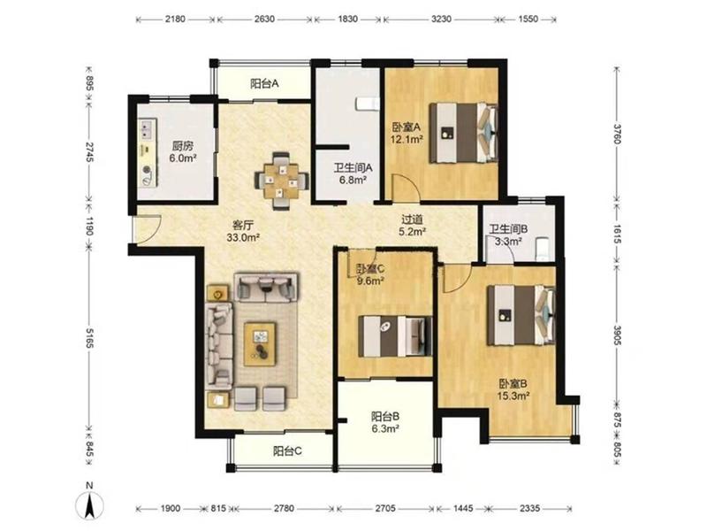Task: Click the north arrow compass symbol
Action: pyautogui.click(x=90, y=502)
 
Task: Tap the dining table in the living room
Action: pyautogui.click(x=281, y=181)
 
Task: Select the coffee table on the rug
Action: pyautogui.click(x=260, y=343)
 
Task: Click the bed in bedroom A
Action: pyautogui.click(x=463, y=133)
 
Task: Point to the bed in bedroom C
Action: pyautogui.click(x=395, y=336)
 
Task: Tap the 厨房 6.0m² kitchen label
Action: pyautogui.click(x=183, y=151)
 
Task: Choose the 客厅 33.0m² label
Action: pyautogui.click(x=243, y=231)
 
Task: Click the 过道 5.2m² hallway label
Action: pyautogui.click(x=413, y=226)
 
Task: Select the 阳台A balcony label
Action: pyautogui.click(x=264, y=83)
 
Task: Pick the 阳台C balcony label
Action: pyautogui.click(x=288, y=450)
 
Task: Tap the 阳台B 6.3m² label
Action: pyautogui.click(x=385, y=422)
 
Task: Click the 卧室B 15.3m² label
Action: pyautogui.click(x=513, y=389)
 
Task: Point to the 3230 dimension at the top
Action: pyautogui.click(x=441, y=19)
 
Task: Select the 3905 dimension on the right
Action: pyautogui.click(x=617, y=335)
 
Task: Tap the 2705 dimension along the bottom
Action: pyautogui.click(x=385, y=508)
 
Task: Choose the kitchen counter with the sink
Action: pyautogui.click(x=148, y=152)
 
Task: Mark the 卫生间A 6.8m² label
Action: pyautogui.click(x=353, y=173)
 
